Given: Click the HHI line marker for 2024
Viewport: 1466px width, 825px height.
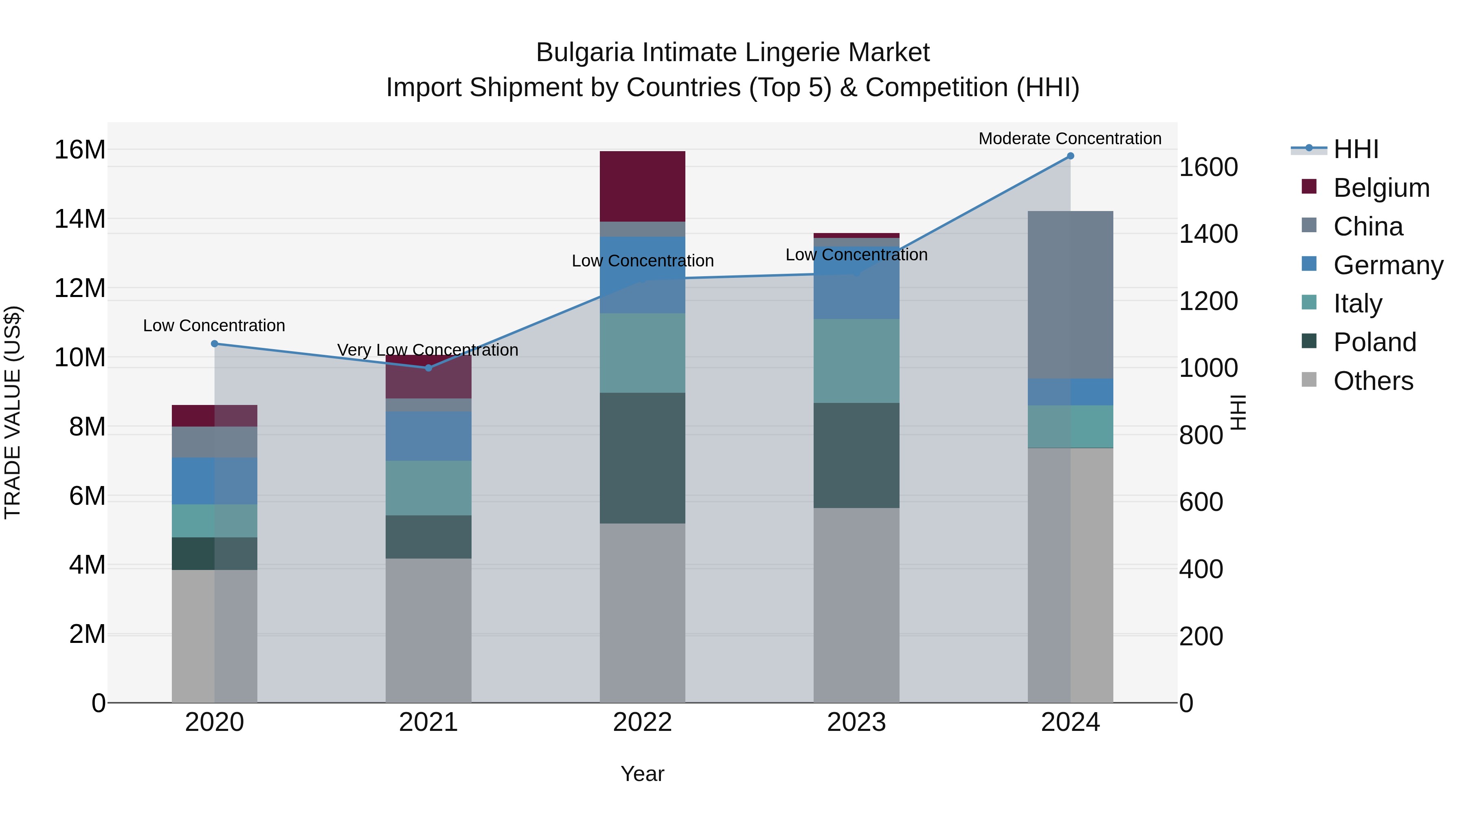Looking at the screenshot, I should click(1070, 156).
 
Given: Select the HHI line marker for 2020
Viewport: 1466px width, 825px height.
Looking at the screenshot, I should click(215, 344).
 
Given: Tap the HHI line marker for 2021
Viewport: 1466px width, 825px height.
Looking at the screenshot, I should click(428, 368).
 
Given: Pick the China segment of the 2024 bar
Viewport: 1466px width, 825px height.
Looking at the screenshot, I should click(1070, 295).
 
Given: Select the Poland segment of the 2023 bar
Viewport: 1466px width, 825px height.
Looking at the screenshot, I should click(856, 455).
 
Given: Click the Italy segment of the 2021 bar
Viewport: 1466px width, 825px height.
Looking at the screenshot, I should click(428, 488).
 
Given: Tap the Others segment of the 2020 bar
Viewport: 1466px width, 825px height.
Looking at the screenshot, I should click(215, 636).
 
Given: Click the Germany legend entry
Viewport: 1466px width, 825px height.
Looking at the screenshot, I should click(1387, 265).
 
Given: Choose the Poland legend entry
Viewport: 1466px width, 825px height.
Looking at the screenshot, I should click(1374, 342).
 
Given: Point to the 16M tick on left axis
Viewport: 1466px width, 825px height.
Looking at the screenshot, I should click(80, 150).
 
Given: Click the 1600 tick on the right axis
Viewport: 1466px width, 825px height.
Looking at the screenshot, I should click(1208, 167).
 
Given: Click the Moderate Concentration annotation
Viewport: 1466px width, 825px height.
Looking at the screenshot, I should click(1069, 139).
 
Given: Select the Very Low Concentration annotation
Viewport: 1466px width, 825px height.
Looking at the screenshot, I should click(428, 350).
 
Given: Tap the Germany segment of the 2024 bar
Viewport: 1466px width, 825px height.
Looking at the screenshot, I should click(1070, 392).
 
